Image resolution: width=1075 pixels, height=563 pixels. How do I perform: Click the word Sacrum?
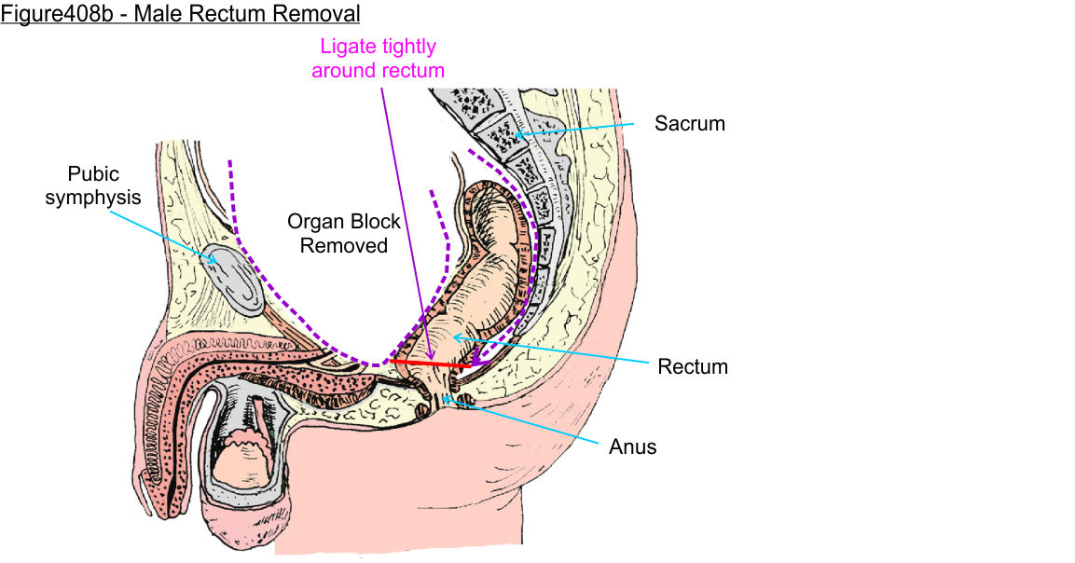pos(689,123)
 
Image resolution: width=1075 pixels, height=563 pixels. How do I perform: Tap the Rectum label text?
pos(693,367)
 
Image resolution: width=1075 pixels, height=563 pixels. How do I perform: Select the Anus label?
pos(633,447)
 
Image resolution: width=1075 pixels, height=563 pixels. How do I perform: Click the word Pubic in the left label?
pos(93,174)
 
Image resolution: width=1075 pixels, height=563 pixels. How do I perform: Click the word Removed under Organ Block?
pos(344,246)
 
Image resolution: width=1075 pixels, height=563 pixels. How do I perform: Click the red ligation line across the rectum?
pos(429,363)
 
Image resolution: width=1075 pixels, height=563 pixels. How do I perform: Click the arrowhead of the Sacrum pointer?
pos(515,136)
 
